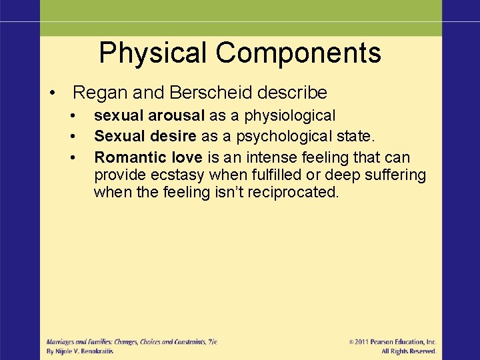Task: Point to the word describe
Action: coord(295,92)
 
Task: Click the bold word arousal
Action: coord(177,116)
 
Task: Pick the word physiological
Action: coord(289,116)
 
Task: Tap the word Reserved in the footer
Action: coord(423,351)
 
